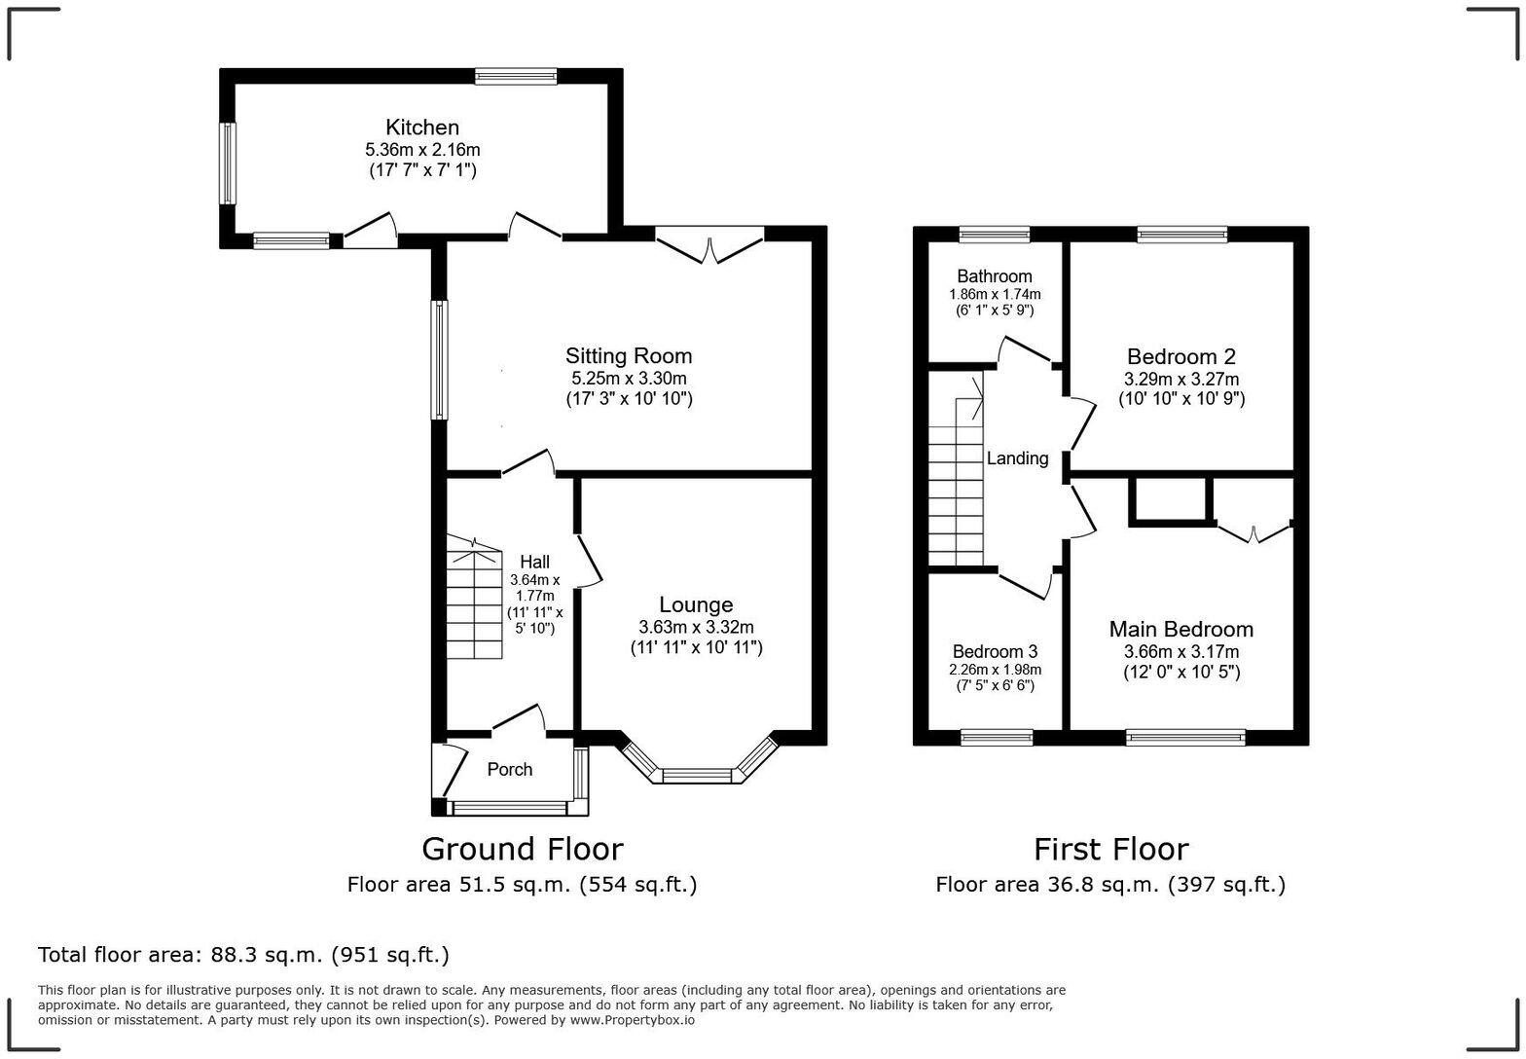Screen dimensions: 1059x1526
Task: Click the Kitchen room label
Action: (x=421, y=128)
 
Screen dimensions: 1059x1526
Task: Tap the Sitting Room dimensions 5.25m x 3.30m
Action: (x=628, y=378)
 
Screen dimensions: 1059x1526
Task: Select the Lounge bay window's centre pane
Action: (x=696, y=776)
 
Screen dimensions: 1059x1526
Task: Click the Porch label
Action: (x=509, y=770)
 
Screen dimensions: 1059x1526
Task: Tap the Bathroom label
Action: (x=994, y=276)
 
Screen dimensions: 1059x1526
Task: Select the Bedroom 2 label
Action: (x=1181, y=356)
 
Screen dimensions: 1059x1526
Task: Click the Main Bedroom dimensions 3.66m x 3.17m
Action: (x=1181, y=652)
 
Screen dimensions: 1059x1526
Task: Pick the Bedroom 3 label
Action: (x=995, y=651)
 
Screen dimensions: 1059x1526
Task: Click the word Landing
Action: (x=1017, y=458)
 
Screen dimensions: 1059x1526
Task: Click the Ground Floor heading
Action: (x=522, y=849)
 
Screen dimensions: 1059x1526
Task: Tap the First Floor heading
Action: (x=1110, y=849)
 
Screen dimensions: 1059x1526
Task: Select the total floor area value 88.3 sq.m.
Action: (x=266, y=955)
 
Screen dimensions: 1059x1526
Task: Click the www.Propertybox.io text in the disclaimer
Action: (x=633, y=1020)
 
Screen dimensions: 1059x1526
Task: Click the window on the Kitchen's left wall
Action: (x=228, y=163)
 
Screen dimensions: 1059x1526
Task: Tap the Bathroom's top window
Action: (x=994, y=234)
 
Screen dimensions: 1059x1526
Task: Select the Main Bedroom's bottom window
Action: (x=1184, y=738)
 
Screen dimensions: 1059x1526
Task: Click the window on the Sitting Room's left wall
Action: (x=440, y=359)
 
